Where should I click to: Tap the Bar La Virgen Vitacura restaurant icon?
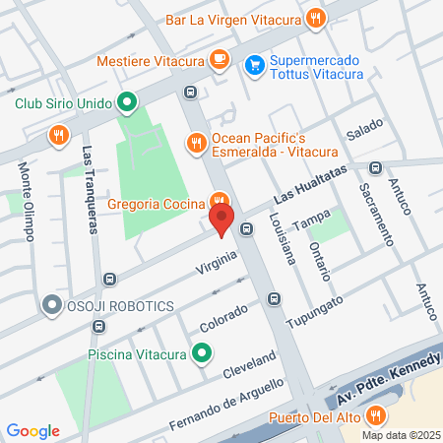click(x=315, y=17)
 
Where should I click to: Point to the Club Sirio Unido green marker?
click(x=126, y=101)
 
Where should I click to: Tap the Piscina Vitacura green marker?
click(x=202, y=351)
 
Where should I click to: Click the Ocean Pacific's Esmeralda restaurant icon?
click(x=196, y=143)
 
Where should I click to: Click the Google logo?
click(x=33, y=430)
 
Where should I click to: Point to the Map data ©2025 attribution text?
click(x=399, y=435)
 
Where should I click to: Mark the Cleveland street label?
click(x=248, y=364)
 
